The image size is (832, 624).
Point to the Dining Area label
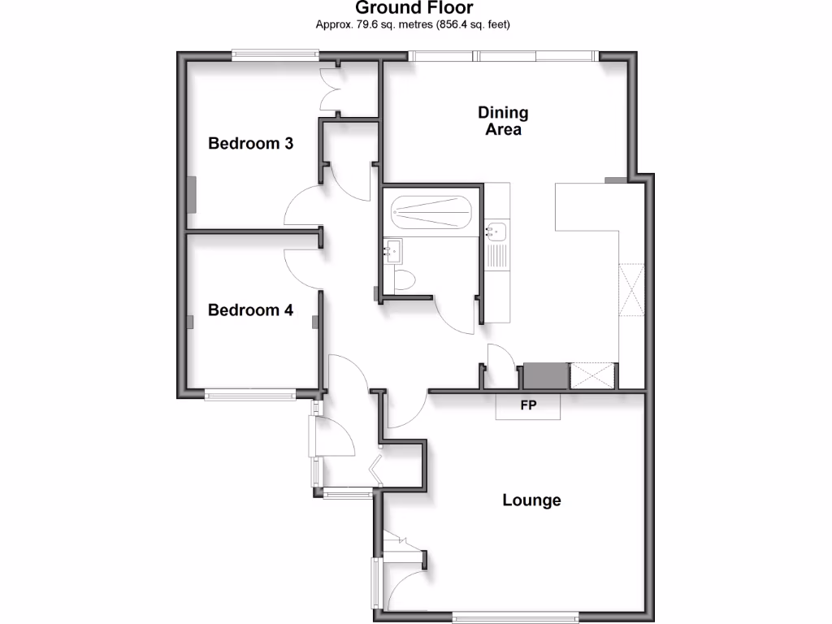503,121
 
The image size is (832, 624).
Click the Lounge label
531,500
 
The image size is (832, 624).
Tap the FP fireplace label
528,405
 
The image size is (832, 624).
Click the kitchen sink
496,232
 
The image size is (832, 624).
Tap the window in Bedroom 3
274,56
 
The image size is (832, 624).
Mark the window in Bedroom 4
249,396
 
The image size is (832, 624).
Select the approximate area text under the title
413,24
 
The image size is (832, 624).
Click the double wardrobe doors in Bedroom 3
333,89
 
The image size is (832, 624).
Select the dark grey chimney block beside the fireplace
544,376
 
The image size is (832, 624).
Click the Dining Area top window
503,56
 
